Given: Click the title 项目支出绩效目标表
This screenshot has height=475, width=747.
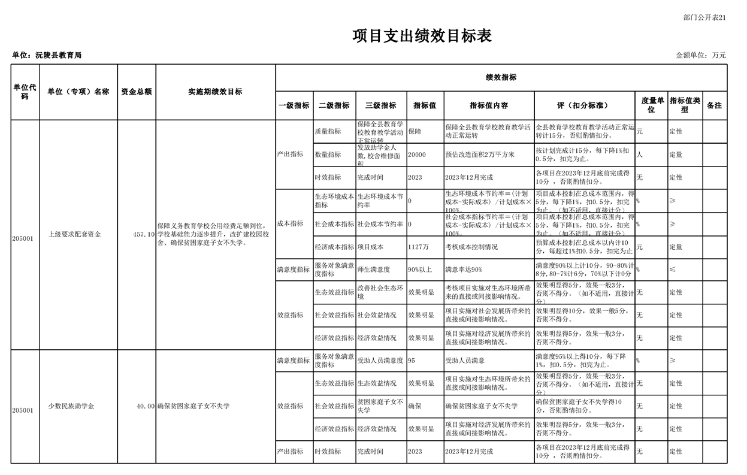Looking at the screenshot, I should pos(422,37).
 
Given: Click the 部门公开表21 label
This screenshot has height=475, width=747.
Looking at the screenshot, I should pos(704,18).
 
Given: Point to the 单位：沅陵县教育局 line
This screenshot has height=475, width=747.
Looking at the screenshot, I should pos(47,56).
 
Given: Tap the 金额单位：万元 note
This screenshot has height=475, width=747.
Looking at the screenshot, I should pos(701,56).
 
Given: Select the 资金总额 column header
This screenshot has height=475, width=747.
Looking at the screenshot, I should pos(136,92).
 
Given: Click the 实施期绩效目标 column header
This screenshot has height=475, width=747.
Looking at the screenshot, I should pos(215,92).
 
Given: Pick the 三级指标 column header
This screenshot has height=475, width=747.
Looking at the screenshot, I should pos(381,105).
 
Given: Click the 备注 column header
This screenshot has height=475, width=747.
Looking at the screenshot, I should pos(714,105).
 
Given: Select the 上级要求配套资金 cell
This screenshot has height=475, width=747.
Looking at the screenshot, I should pos(75,235).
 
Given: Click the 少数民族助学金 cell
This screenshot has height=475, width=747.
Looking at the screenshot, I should pos(71,406).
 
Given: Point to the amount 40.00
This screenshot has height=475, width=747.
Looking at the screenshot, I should pos(146,406).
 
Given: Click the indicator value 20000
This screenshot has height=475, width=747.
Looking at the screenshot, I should pos(416,155).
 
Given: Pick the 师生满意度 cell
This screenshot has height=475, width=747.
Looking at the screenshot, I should pos(374,270).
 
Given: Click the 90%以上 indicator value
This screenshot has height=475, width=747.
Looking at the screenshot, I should pos(421,270).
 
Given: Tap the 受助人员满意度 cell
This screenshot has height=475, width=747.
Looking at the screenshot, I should pos(380,361).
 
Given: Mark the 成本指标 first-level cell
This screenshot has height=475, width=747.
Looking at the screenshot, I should pos(290,224).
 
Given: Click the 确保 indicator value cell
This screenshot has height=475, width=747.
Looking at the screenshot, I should pos(415,406).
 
